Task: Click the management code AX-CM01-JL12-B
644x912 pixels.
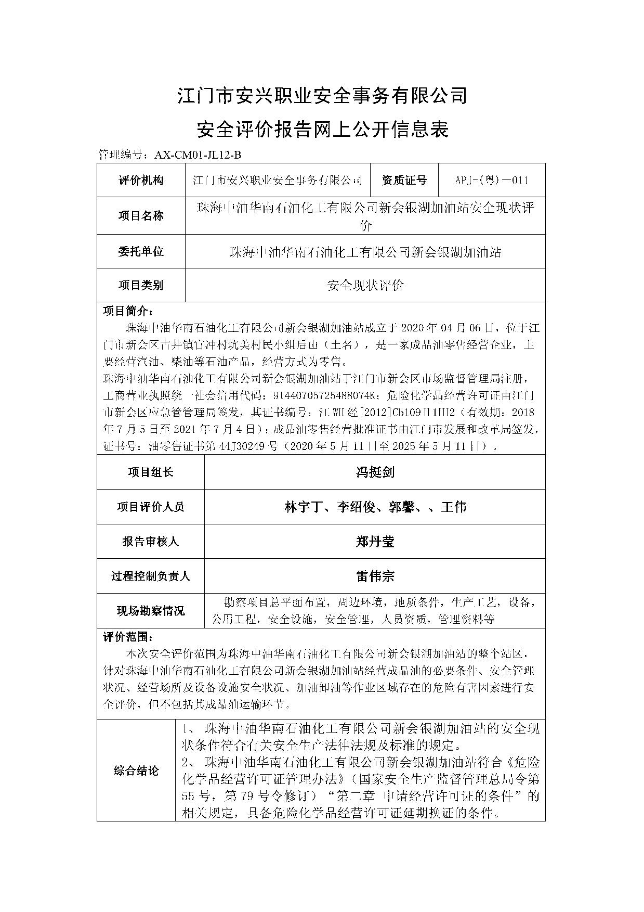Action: tap(195, 155)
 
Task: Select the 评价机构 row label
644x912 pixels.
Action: tap(141, 181)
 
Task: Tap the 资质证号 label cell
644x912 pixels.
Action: tap(404, 181)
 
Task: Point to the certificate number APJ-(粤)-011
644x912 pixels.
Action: tap(491, 181)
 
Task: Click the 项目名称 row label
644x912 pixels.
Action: tap(141, 216)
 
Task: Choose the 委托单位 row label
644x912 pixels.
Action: tap(141, 252)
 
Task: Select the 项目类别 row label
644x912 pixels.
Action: tap(141, 285)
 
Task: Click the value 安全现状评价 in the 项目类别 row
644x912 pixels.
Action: tap(365, 285)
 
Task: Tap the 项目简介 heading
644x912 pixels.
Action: tap(127, 311)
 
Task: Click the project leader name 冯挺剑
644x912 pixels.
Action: tap(375, 472)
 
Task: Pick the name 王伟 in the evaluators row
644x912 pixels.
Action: tap(453, 507)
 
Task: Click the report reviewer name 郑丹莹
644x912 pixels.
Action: tap(375, 542)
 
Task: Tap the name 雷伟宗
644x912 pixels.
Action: tap(375, 576)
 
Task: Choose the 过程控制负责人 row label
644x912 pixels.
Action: tap(151, 576)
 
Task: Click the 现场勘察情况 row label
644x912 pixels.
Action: tap(151, 611)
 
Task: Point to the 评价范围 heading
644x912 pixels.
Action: tap(127, 637)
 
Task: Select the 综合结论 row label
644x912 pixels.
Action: tap(136, 771)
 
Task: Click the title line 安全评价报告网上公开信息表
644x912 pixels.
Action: tap(322, 129)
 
